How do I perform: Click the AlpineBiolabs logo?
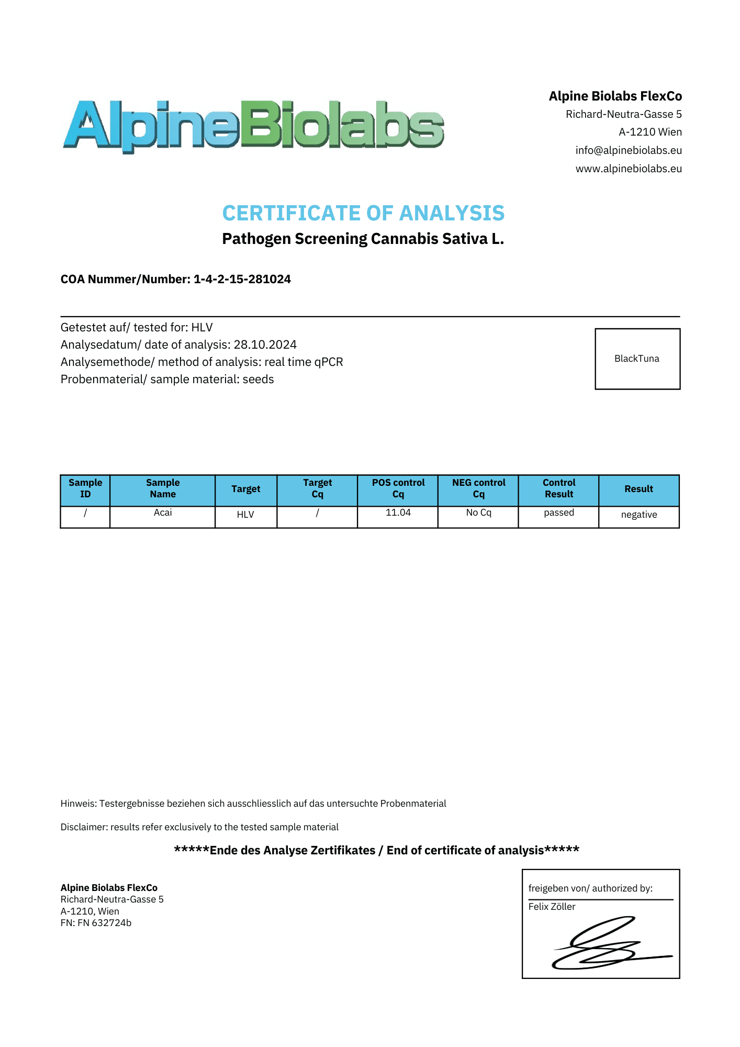tap(253, 125)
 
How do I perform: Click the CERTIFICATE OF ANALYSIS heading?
tap(363, 213)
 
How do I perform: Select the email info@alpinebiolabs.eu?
tap(629, 150)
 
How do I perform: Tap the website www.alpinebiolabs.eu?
tap(629, 169)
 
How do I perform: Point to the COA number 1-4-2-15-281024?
tap(242, 279)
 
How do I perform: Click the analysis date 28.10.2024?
tap(265, 344)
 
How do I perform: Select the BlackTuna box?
tap(637, 359)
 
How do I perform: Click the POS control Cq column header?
tap(398, 488)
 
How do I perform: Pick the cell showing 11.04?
tap(398, 513)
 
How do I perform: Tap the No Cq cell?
tap(478, 513)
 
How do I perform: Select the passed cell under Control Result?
tap(559, 513)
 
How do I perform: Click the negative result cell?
tap(638, 515)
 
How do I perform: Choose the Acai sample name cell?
tap(163, 513)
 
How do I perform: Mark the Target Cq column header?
tap(317, 488)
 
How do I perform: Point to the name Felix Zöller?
tap(552, 907)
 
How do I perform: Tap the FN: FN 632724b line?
tap(96, 923)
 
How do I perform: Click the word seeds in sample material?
tap(258, 379)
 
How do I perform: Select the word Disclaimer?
tap(84, 827)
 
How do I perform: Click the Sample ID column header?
tap(85, 488)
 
